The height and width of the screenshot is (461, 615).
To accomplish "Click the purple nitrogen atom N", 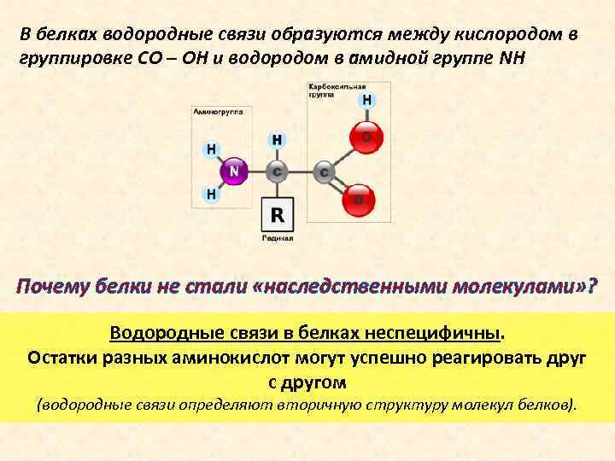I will pos(234,172).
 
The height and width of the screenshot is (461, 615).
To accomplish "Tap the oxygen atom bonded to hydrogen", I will pos(366,136).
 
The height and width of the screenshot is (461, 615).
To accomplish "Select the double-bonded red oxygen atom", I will pos(359,200).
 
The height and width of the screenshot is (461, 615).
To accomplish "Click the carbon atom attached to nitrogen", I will pos(276,172).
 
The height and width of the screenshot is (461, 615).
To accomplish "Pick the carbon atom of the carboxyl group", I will pos(324,172).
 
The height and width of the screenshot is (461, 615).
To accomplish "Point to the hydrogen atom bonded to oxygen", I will pos(366,100).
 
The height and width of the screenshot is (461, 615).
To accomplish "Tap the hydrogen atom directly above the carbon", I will pos(277,138).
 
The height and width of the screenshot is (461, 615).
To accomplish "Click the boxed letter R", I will pos(278,214).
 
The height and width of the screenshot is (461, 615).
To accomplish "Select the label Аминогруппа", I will pos(219,112).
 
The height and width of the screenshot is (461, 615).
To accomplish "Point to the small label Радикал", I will pos(278,239).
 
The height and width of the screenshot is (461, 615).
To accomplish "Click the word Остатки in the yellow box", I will pos(61,357).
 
